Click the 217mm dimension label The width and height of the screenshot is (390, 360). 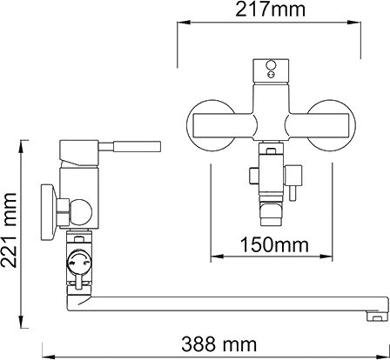270,10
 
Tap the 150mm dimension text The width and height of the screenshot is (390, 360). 274,244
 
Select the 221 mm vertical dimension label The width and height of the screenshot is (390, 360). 9,230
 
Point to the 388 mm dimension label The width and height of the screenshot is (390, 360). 219,344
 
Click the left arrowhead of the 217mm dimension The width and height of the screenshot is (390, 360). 184,23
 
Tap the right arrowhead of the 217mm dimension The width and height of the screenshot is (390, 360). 354,23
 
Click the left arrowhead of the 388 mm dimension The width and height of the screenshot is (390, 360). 49,356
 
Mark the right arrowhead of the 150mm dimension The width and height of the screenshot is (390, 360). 326,257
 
